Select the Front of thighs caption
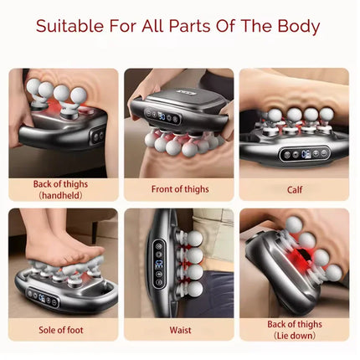[x=178, y=188]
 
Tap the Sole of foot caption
[x=61, y=329]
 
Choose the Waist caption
[x=178, y=329]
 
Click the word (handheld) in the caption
[x=61, y=194]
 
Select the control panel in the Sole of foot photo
[x=41, y=298]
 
